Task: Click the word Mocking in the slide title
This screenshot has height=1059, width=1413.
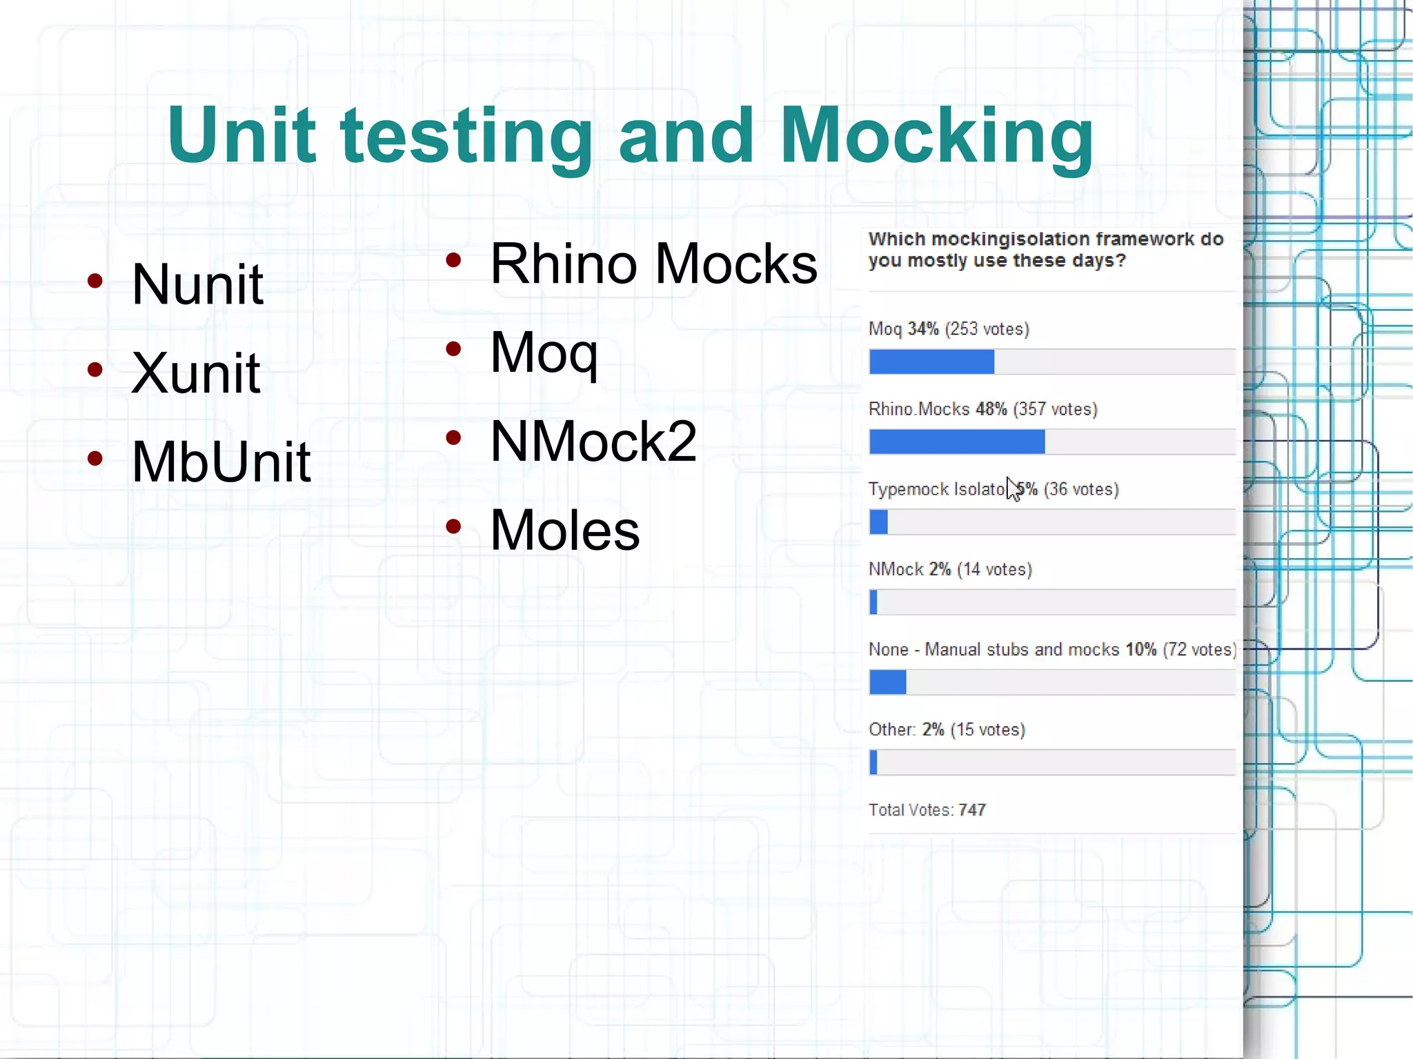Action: pyautogui.click(x=936, y=136)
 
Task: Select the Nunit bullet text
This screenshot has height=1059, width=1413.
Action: pyautogui.click(x=197, y=284)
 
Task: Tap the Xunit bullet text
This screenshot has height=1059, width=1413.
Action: pyautogui.click(x=196, y=373)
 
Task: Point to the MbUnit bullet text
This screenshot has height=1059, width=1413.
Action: pyautogui.click(x=221, y=462)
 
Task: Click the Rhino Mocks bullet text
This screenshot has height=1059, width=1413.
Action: pyautogui.click(x=653, y=264)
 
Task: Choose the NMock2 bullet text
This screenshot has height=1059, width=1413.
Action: pyautogui.click(x=593, y=442)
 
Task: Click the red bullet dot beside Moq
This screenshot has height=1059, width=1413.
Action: pyautogui.click(x=453, y=349)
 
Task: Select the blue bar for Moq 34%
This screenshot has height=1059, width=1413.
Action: pyautogui.click(x=931, y=362)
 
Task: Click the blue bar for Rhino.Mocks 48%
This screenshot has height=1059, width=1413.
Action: pyautogui.click(x=957, y=442)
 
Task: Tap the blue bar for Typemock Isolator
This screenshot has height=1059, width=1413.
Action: pyautogui.click(x=878, y=522)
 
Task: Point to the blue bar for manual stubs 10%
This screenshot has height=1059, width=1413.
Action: pyautogui.click(x=887, y=682)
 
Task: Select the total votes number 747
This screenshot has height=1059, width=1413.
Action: pyautogui.click(x=972, y=810)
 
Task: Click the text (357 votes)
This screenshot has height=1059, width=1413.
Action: pyautogui.click(x=1055, y=409)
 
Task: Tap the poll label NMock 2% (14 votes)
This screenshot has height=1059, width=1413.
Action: pyautogui.click(x=950, y=570)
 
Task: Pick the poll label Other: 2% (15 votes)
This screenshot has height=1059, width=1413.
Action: pyautogui.click(x=947, y=730)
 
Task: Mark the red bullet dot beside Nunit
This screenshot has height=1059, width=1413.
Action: pyautogui.click(x=95, y=281)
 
